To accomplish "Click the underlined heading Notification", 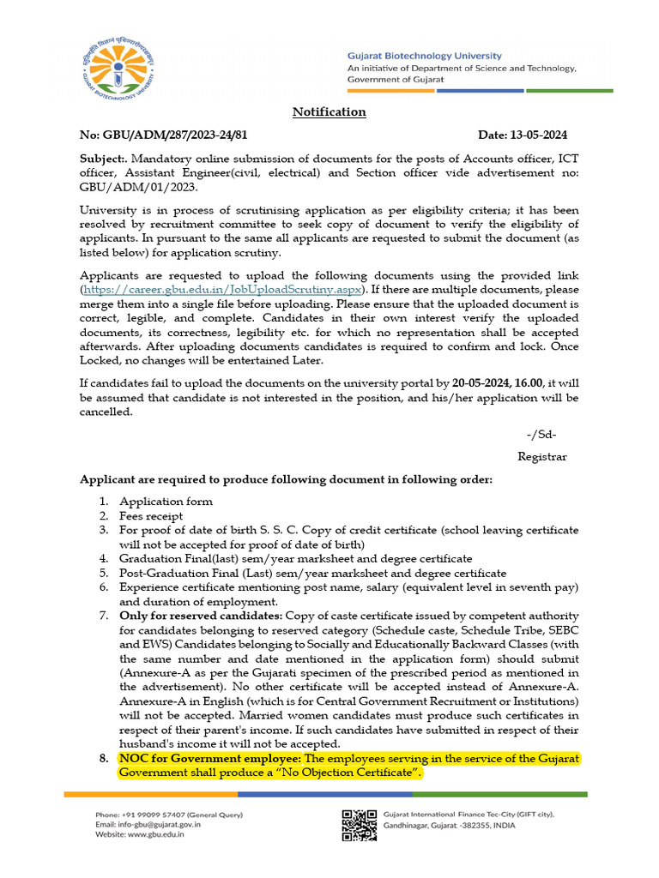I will (x=329, y=112).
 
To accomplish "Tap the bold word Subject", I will (x=102, y=159).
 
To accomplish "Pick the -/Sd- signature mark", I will (x=541, y=435).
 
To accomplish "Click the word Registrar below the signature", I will (x=542, y=457).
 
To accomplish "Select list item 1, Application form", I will (x=166, y=502).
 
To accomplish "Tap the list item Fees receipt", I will (x=151, y=516).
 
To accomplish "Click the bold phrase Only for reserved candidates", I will (x=200, y=616).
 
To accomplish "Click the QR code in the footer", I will (x=360, y=825).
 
